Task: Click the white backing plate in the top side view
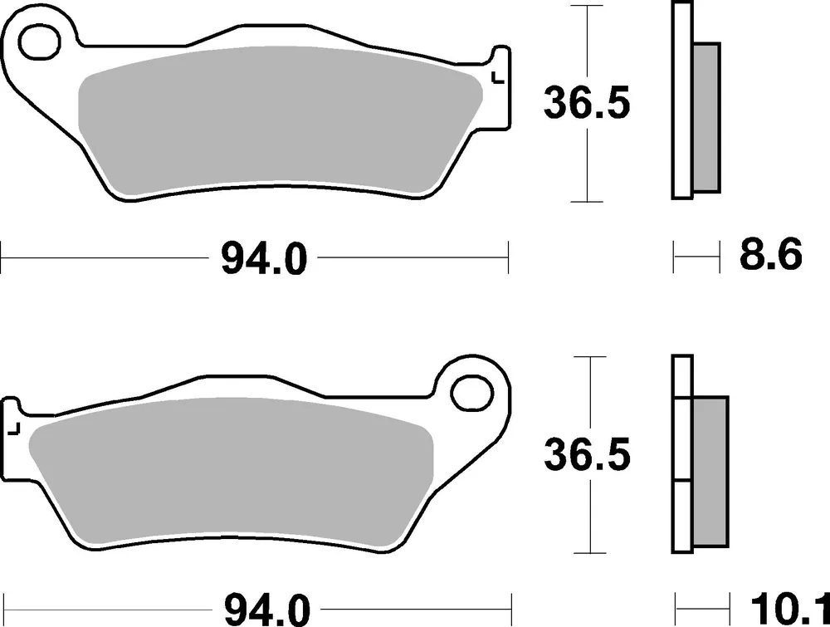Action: pyautogui.click(x=681, y=100)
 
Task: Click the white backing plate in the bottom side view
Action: pyautogui.click(x=681, y=453)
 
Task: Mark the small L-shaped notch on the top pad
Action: pyautogui.click(x=497, y=79)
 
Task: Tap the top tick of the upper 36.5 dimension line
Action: pyautogui.click(x=588, y=6)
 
